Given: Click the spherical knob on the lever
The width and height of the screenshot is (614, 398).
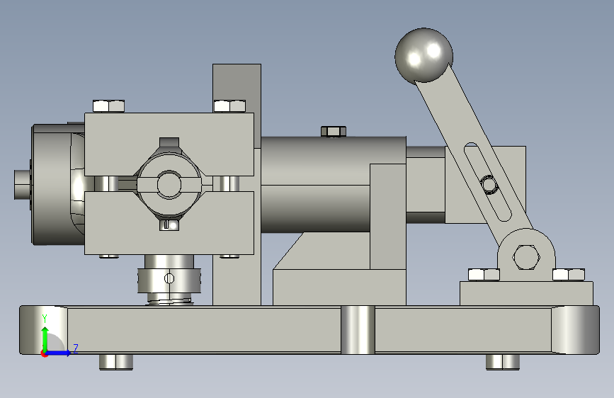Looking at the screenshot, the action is coord(423,56).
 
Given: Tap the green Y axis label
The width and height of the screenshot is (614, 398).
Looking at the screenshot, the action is coord(45,319).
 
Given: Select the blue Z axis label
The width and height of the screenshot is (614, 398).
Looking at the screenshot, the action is coord(76,348).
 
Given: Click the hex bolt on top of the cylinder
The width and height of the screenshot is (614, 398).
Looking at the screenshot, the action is coord(334,131).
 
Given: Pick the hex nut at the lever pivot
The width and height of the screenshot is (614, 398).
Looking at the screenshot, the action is coord(526,257).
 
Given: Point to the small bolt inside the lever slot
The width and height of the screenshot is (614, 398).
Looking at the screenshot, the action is coord(489,185).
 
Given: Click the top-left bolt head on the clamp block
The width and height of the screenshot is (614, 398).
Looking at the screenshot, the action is coord(108,106).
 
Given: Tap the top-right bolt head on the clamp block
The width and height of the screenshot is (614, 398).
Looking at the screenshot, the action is coord(230,106).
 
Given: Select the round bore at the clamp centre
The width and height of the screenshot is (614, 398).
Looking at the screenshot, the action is coord(169,183).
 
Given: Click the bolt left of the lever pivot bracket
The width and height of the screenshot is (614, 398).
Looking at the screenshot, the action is coord(484,275).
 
